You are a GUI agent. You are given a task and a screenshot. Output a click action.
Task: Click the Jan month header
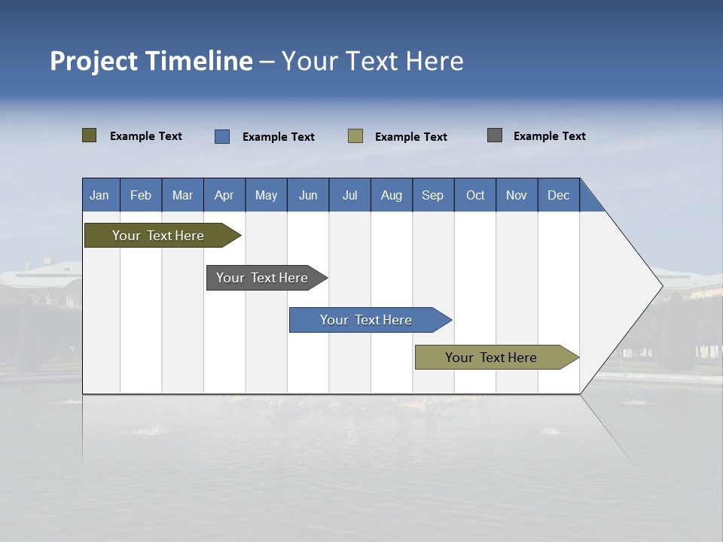coord(99,195)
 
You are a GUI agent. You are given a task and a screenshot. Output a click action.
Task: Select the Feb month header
coord(141,195)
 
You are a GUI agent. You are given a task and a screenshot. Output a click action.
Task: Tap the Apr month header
coord(224,195)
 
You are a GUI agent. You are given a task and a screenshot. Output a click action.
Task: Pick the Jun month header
coord(308,195)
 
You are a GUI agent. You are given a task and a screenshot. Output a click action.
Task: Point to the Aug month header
coord(391,195)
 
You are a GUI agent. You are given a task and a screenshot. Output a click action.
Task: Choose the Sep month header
coord(432,195)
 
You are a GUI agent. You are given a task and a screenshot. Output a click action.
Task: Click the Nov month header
coord(517,195)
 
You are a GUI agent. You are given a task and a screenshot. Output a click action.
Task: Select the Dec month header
coord(558,195)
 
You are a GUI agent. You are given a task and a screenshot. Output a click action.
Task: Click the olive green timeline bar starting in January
coord(158,236)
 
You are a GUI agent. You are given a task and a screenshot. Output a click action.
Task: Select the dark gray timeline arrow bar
coord(262,278)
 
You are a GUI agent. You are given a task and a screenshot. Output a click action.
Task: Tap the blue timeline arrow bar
coord(366,320)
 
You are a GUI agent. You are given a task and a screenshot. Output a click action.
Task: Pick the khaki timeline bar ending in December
coord(491,358)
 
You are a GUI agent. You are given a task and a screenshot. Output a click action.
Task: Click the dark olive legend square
coord(90,135)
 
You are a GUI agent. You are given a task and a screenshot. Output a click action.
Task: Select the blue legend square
coord(222,136)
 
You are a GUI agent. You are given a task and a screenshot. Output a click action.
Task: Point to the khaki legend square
coord(355,136)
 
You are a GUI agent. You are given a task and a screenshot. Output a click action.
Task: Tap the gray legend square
coord(495,135)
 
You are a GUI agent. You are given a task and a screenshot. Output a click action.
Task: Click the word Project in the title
coord(94,61)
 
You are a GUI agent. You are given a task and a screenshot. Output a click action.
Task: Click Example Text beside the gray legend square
coord(549,136)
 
